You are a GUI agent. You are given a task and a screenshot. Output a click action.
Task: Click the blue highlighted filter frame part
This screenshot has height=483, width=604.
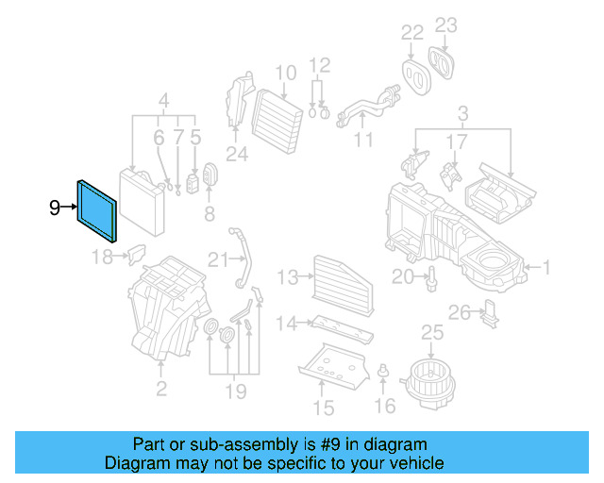point(97,209)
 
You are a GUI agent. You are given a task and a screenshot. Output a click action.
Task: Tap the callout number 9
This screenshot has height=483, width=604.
point(55,207)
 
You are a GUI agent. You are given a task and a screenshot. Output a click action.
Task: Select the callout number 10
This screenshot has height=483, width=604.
point(286,73)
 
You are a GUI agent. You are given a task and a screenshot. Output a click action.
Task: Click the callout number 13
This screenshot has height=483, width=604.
point(287,277)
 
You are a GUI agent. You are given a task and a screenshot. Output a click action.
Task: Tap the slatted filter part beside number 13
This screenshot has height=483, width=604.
point(336,277)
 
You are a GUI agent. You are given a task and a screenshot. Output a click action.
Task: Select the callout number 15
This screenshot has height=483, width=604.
point(324,408)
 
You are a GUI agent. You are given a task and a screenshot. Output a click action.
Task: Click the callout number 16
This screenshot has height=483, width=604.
point(384,406)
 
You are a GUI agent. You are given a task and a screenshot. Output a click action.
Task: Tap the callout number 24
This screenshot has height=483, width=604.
point(236,155)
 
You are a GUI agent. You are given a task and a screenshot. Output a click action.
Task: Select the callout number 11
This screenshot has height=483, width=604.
point(363,142)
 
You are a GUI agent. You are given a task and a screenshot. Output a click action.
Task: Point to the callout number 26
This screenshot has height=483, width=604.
point(459,312)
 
